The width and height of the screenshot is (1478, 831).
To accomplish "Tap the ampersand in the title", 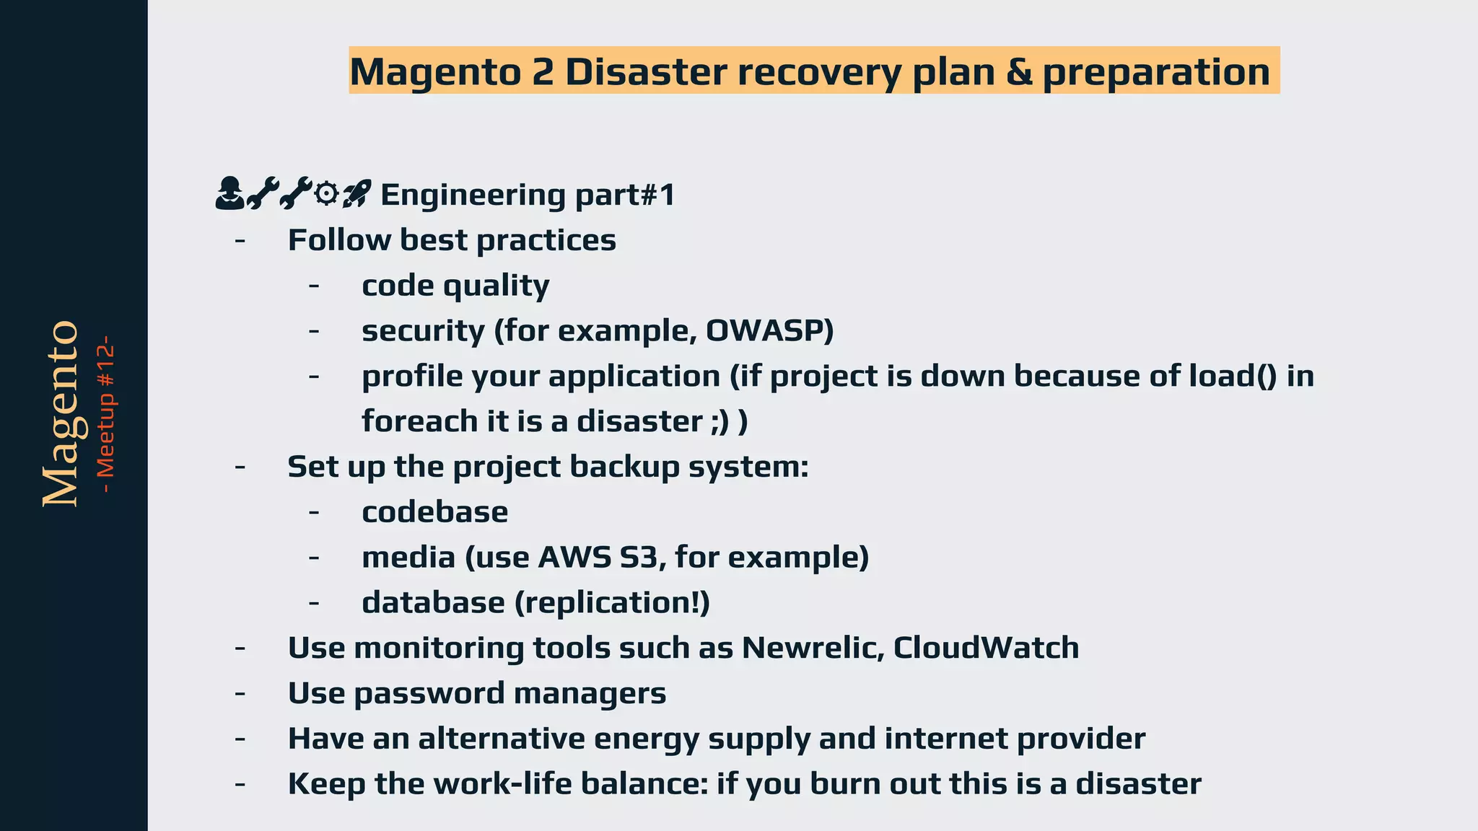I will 1018,72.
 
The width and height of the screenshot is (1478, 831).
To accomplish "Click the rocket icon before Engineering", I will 357,193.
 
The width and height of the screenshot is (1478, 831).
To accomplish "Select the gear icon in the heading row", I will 327,193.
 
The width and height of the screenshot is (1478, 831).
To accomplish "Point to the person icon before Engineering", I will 229,193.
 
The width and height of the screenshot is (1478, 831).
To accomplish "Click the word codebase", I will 434,512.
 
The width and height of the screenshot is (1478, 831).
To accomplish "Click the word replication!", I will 612,603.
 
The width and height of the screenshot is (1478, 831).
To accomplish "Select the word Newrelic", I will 813,648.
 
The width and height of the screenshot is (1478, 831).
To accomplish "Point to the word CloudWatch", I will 986,648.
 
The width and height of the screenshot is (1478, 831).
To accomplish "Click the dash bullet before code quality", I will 313,286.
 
